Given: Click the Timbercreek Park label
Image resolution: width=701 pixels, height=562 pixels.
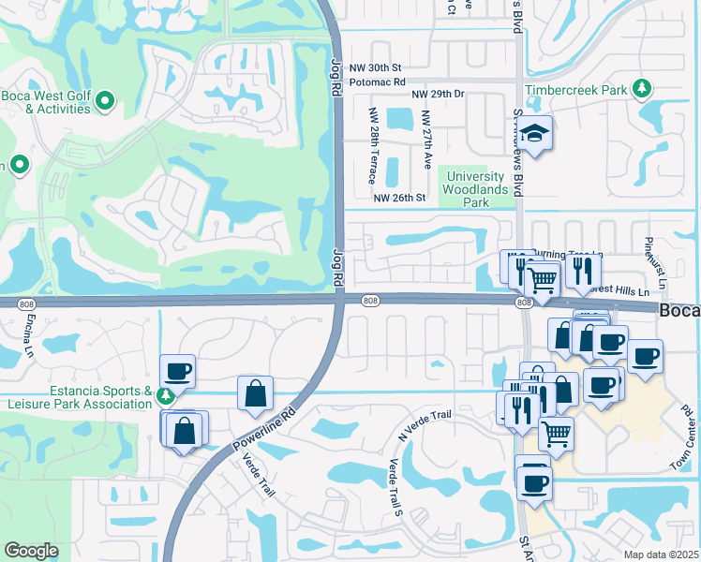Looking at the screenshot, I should pyautogui.click(x=575, y=90).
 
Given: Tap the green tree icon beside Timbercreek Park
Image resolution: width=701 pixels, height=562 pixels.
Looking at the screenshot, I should pyautogui.click(x=642, y=89).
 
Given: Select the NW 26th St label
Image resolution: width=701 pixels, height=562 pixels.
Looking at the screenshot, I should pyautogui.click(x=400, y=198).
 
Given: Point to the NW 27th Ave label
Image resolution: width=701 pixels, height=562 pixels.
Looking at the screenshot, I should pyautogui.click(x=426, y=140).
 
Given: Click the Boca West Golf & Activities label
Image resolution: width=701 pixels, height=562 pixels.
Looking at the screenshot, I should pyautogui.click(x=45, y=101).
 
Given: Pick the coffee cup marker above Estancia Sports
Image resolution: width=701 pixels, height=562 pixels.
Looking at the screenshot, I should pyautogui.click(x=177, y=372).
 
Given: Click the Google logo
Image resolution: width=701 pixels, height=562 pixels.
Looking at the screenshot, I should pyautogui.click(x=31, y=551).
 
